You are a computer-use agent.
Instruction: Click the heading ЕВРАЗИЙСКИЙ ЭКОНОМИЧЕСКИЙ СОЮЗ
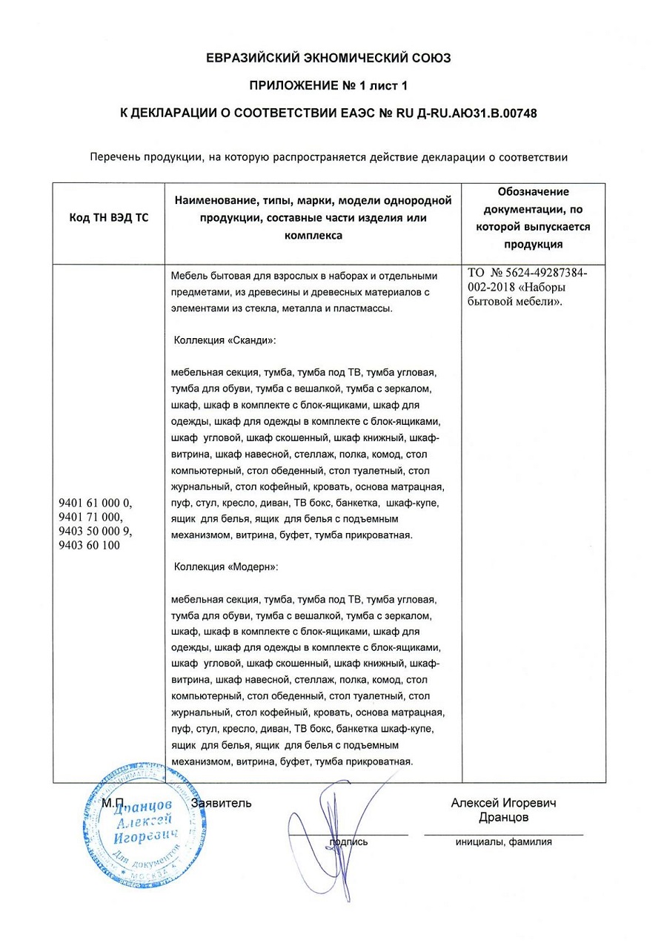point(328,57)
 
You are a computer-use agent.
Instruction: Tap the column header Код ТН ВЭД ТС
point(108,219)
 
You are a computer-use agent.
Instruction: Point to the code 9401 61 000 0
point(95,503)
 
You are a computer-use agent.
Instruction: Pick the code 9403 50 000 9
point(95,532)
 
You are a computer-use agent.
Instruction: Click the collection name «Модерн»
point(253,566)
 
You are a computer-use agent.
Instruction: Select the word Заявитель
point(222,803)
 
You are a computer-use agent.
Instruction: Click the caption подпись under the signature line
point(348,841)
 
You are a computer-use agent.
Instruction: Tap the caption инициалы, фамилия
point(503,841)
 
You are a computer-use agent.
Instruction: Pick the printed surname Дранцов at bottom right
point(503,817)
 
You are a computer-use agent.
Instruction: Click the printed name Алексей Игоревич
point(503,803)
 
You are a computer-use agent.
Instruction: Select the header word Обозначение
point(533,192)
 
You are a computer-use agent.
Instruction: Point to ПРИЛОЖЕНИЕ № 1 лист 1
point(328,85)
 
